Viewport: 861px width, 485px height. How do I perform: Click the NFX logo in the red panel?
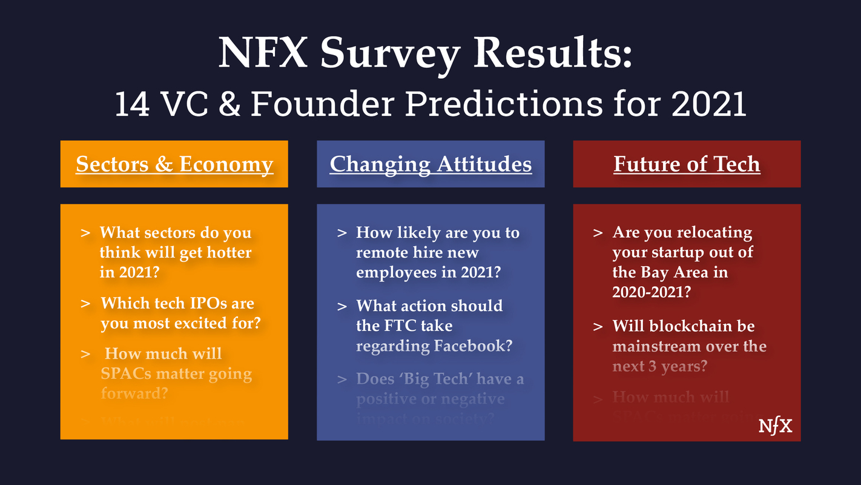tap(775, 426)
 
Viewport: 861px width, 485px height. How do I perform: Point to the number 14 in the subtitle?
tap(134, 104)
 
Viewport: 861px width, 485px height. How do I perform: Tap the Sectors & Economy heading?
tap(174, 164)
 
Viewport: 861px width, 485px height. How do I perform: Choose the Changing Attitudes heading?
tap(431, 164)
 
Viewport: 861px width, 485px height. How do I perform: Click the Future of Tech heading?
tap(687, 164)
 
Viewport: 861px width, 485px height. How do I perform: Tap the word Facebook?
tap(472, 346)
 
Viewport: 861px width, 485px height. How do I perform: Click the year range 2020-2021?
tap(652, 292)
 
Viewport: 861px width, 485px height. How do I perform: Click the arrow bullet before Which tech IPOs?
tap(86, 303)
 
